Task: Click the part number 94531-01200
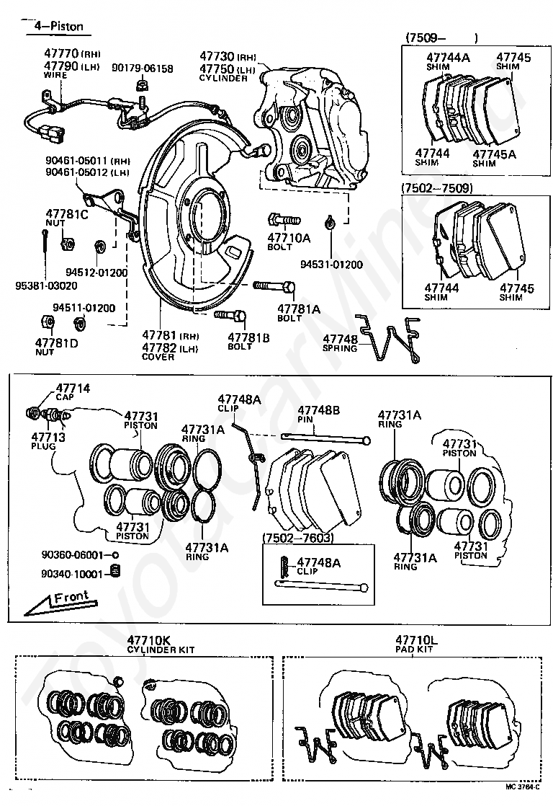pos(331,264)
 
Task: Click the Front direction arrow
pos(60,598)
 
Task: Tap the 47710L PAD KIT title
pos(415,644)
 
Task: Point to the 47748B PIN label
pos(318,414)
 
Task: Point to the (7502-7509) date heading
pos(437,189)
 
